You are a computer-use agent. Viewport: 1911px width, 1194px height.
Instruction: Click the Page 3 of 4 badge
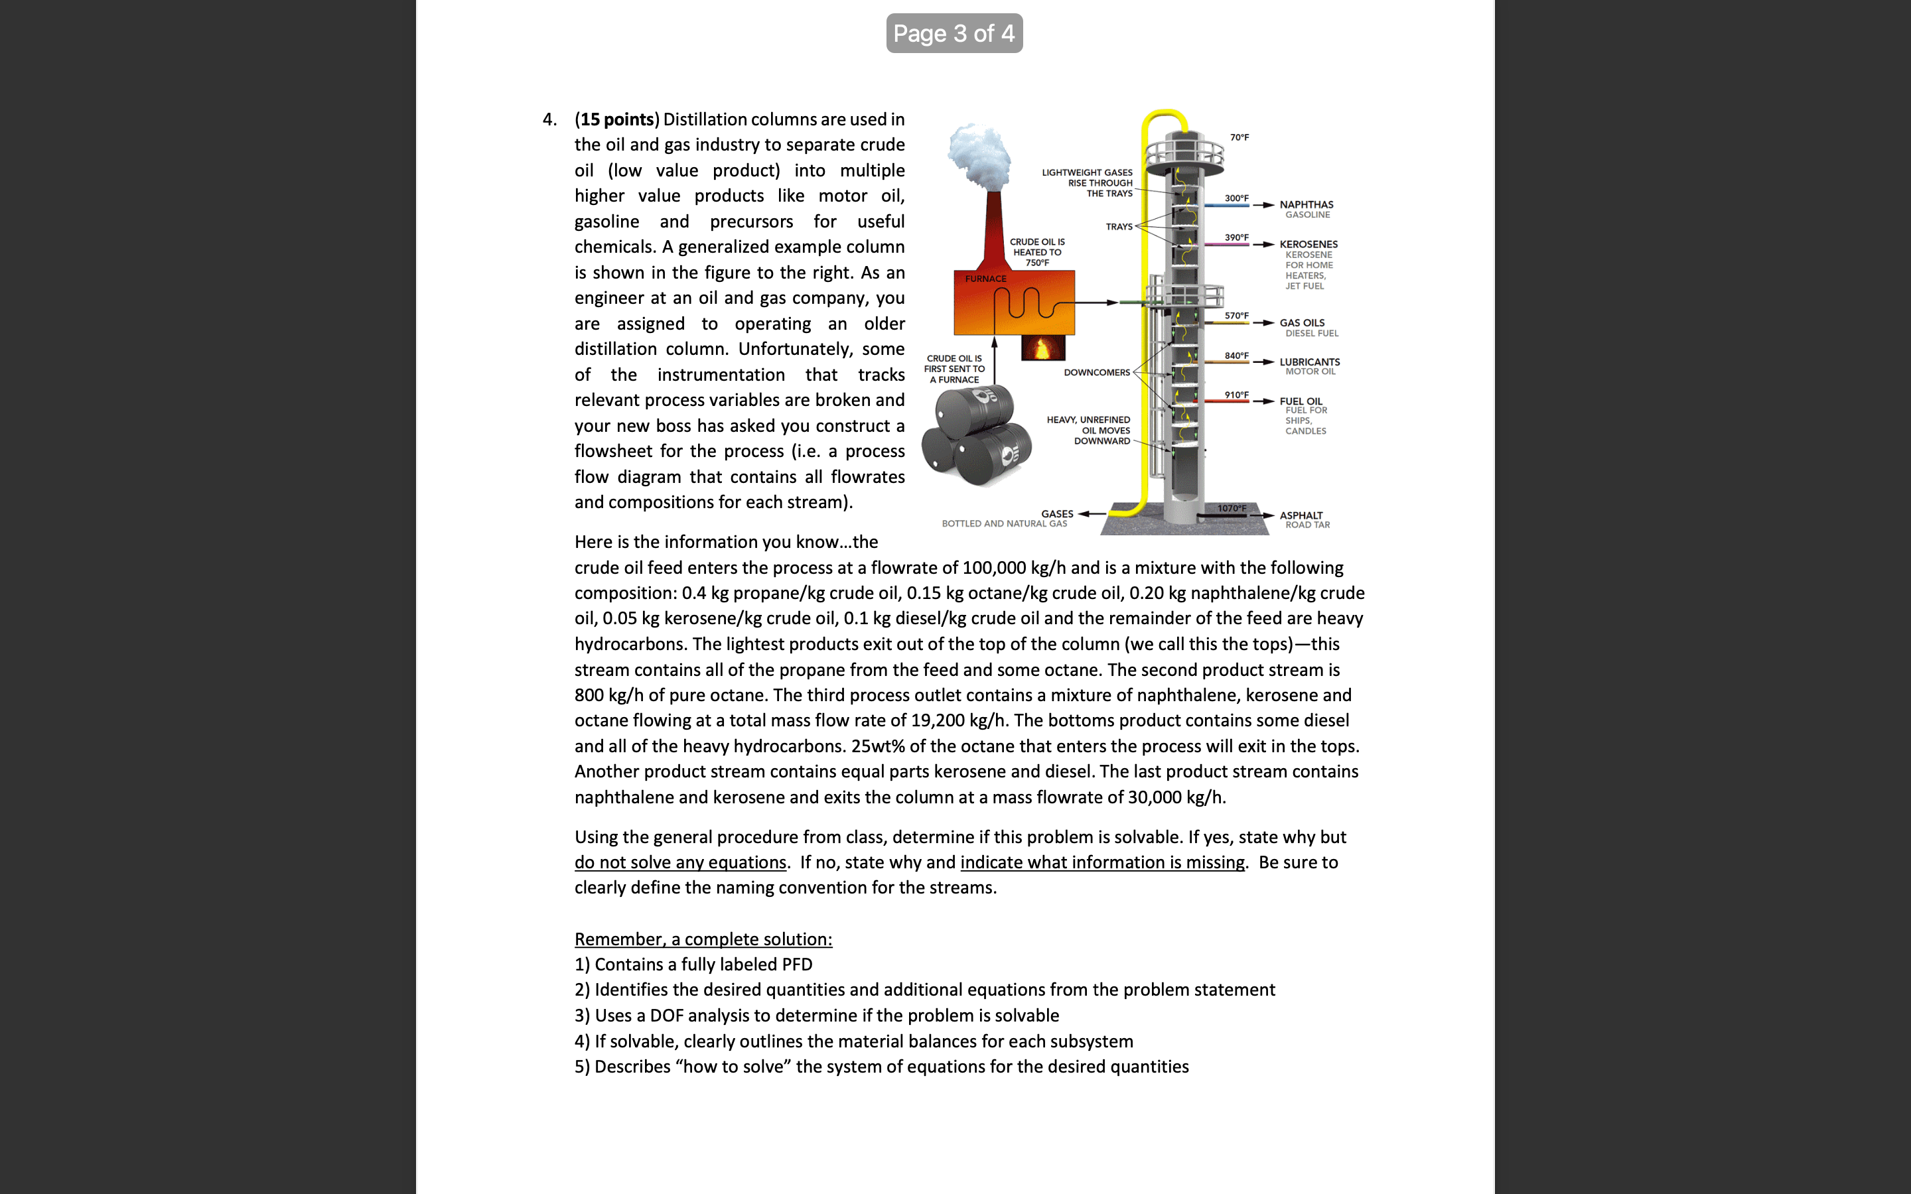pos(954,33)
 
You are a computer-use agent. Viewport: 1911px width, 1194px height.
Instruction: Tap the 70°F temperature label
pos(1239,137)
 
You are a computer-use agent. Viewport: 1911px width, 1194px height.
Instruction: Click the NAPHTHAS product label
pos(1306,204)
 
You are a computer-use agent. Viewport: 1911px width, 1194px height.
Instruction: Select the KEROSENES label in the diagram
pos(1309,244)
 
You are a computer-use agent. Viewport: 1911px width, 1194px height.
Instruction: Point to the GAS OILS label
pos(1302,323)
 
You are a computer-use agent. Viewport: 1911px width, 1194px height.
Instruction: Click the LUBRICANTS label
pos(1309,362)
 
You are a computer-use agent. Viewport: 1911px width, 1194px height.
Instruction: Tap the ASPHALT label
pos(1301,515)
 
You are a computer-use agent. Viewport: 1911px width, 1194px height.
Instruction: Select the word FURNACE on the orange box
pos(985,279)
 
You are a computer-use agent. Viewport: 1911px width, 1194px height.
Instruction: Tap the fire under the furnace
pos(1042,348)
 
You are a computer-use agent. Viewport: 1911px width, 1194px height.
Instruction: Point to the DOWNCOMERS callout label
pos(1096,373)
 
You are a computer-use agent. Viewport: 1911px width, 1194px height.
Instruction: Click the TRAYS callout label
pos(1118,227)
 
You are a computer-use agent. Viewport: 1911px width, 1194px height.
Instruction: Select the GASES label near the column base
pos(1056,513)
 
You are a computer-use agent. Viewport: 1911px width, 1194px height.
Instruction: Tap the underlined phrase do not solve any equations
pos(680,862)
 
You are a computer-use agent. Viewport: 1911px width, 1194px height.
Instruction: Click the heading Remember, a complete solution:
pos(703,939)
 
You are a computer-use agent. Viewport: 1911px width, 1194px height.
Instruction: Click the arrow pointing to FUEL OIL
pos(1263,401)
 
